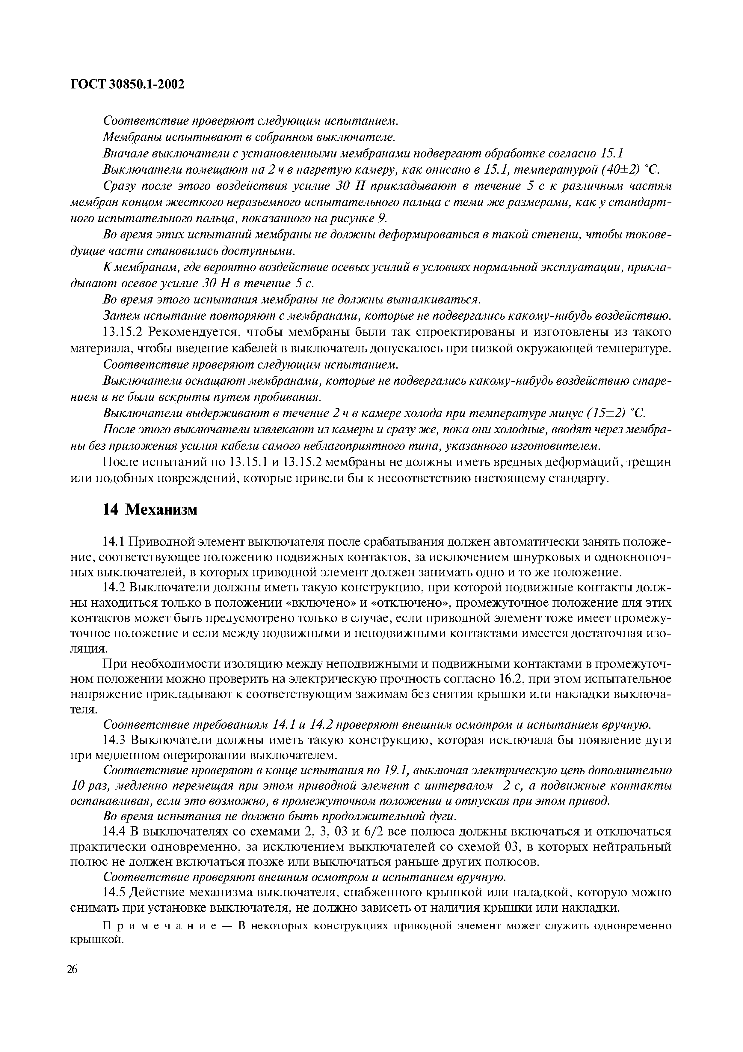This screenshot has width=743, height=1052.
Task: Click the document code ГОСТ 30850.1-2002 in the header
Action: point(127,84)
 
